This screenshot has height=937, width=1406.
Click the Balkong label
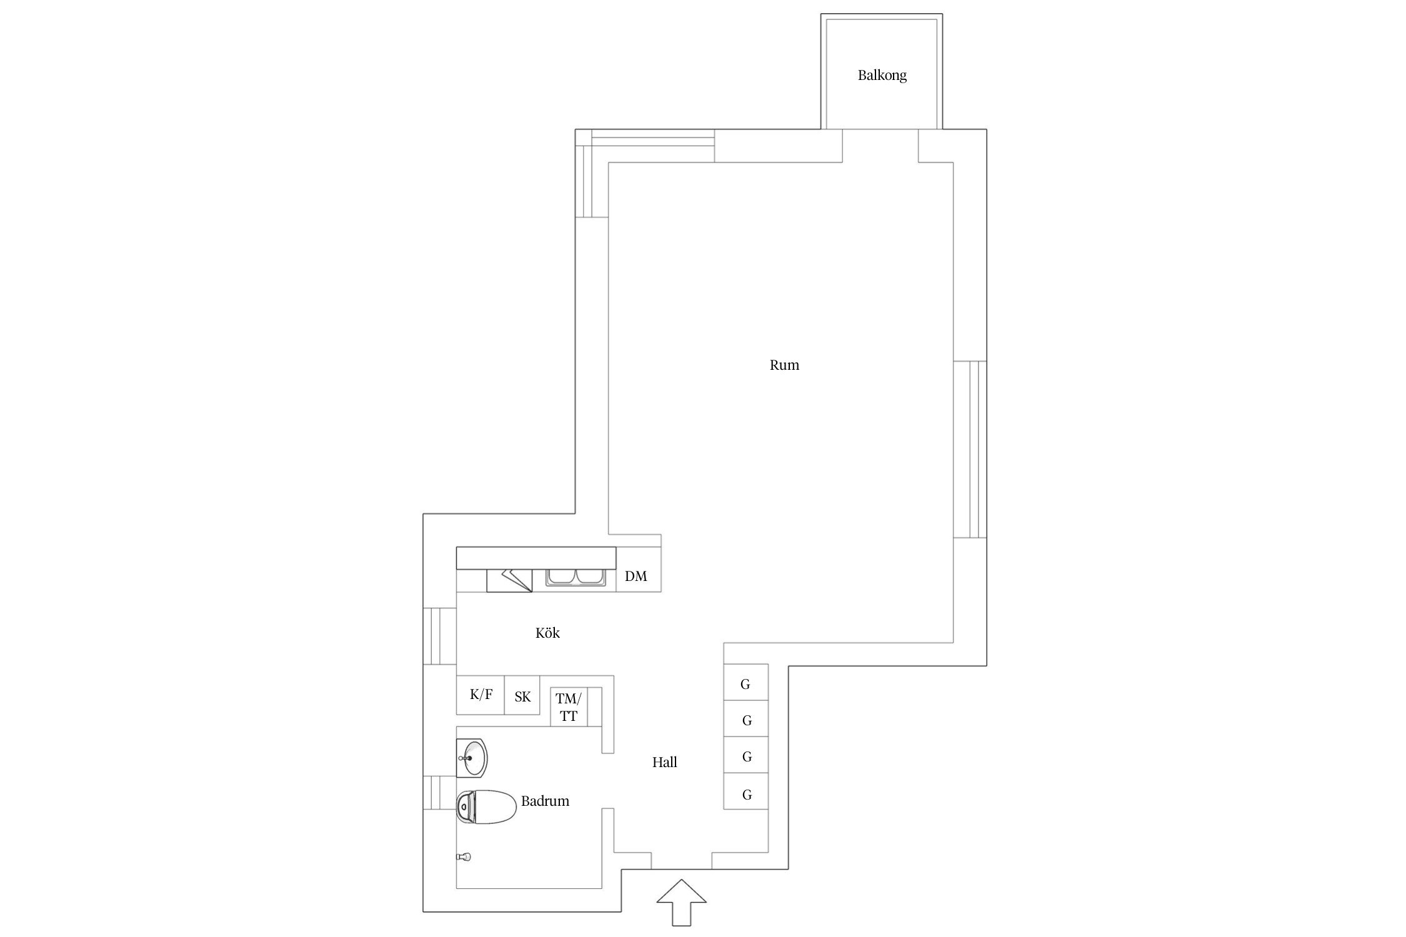(x=882, y=76)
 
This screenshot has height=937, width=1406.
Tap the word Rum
(x=784, y=365)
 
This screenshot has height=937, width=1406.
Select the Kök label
(x=547, y=633)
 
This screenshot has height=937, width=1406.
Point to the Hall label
(x=664, y=762)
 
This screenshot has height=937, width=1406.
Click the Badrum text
(x=545, y=801)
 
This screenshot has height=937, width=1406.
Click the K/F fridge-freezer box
(x=481, y=695)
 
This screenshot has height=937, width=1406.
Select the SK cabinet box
(x=522, y=695)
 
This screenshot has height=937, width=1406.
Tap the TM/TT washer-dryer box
(x=569, y=706)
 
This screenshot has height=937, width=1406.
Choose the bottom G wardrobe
(x=745, y=791)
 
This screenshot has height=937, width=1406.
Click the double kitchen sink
(x=576, y=577)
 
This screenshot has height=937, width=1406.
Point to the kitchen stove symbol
(x=509, y=580)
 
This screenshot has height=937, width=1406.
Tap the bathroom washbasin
(x=472, y=758)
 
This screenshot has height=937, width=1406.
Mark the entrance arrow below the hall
(x=682, y=902)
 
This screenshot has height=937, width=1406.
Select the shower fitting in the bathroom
(x=463, y=856)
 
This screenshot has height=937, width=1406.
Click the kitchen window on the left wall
(x=440, y=636)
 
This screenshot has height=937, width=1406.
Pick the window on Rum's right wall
(x=970, y=449)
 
